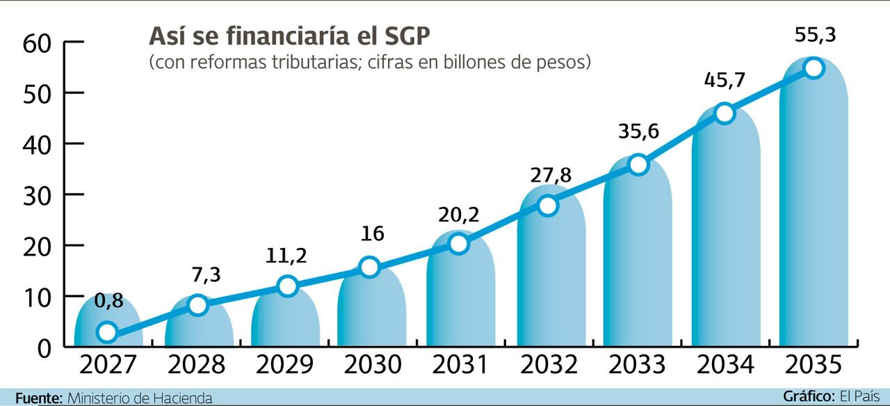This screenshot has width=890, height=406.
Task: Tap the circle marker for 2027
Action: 106,332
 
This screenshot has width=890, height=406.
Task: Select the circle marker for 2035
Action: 813,68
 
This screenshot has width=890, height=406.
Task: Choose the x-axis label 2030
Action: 372,365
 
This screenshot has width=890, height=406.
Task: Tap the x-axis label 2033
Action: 638,365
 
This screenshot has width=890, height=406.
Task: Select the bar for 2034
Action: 726,230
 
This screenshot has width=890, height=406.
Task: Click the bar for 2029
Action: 286,317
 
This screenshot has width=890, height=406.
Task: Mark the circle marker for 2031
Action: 459,244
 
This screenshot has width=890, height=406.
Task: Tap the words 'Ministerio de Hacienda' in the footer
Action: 140,398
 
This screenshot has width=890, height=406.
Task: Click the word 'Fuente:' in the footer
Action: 39,398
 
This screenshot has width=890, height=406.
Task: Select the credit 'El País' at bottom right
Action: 864,396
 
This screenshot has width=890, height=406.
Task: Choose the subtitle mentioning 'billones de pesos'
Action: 370,62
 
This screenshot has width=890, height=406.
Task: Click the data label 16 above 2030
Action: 373,233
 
